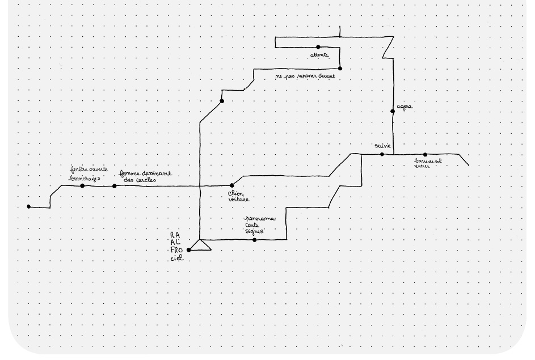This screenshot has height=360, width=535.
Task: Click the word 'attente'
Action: coord(319,55)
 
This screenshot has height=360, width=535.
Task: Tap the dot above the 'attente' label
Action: coord(318,47)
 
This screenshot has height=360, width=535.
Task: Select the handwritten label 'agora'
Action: coord(405,106)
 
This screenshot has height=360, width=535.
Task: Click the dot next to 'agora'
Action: coord(393,111)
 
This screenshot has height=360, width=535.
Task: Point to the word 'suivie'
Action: coord(383,146)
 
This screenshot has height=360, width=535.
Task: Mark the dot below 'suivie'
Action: coord(382,154)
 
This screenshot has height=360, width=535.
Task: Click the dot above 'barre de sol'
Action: coord(425,154)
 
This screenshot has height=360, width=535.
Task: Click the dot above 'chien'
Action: coord(231,185)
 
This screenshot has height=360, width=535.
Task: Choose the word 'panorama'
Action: coord(259,218)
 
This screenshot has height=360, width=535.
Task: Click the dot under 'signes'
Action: coord(254,240)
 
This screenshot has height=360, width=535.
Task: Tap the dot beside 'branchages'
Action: coord(82,186)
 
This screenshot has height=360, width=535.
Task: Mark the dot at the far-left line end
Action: coord(29,207)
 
